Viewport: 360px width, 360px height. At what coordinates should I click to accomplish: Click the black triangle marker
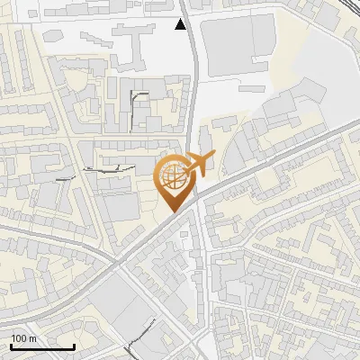point(182,24)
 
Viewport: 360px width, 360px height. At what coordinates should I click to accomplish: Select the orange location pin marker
point(175,184)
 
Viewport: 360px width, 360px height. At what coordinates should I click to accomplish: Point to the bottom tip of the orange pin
point(175,211)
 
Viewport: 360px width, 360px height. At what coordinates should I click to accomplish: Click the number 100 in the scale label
point(19,338)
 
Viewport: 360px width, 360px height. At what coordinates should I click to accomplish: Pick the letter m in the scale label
point(32,338)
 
